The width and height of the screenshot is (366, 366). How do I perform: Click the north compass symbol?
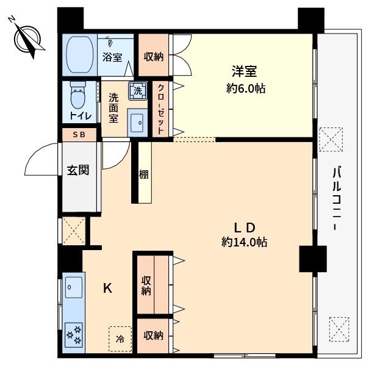[x=27, y=38]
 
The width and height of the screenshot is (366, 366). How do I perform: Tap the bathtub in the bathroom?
[x=79, y=55]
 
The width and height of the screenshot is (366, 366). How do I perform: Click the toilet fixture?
[x=78, y=95]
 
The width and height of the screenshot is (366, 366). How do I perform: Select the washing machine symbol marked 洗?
[x=138, y=91]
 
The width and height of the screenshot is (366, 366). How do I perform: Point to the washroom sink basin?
[x=137, y=123]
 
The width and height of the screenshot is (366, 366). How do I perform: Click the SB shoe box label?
[x=79, y=135]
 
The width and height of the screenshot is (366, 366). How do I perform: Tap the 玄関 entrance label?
[x=78, y=170]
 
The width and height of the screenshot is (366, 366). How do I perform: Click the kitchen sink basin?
[x=74, y=287]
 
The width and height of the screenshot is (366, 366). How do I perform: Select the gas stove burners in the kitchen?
[x=74, y=335]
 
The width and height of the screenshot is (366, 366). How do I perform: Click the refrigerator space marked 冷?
[x=120, y=339]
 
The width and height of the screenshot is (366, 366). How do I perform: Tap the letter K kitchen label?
[x=107, y=288]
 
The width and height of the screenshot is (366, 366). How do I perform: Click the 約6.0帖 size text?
[x=246, y=88]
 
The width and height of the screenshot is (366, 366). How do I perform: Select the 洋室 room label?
[x=245, y=71]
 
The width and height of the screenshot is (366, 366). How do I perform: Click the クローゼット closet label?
[x=160, y=109]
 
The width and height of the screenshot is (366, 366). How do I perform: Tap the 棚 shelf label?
[x=144, y=174]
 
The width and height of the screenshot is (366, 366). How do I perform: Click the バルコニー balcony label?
[x=336, y=198]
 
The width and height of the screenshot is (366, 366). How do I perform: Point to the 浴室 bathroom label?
[x=112, y=57]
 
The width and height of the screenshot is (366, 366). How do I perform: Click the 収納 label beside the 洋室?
[x=153, y=57]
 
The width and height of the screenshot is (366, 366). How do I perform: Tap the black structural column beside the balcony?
[x=313, y=259]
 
